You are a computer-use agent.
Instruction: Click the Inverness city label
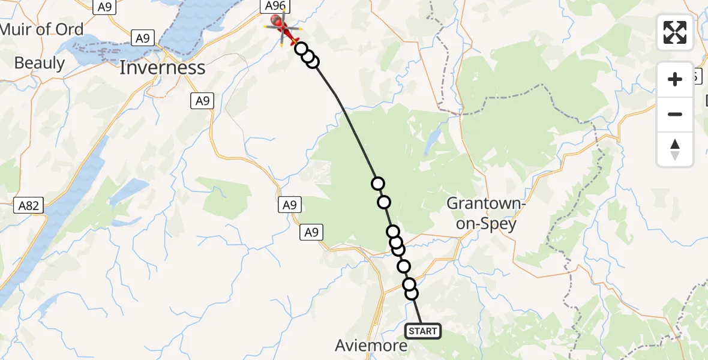click(162, 68)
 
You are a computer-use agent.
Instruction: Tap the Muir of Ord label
click(42, 29)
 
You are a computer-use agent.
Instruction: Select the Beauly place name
click(39, 62)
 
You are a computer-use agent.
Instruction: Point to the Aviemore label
click(371, 346)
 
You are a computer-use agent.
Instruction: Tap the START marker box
click(423, 331)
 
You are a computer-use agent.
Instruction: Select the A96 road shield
click(275, 6)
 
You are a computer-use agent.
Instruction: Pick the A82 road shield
click(29, 206)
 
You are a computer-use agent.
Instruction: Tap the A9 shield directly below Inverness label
click(203, 101)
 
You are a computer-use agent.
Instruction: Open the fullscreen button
click(675, 32)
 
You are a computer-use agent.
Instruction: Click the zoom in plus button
click(675, 79)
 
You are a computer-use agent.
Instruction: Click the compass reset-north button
click(675, 149)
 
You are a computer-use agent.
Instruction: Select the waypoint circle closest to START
click(412, 293)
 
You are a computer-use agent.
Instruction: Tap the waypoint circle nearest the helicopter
click(301, 49)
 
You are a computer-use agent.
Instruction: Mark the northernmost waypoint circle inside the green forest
click(377, 184)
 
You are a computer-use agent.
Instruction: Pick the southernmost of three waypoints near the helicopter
click(313, 61)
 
